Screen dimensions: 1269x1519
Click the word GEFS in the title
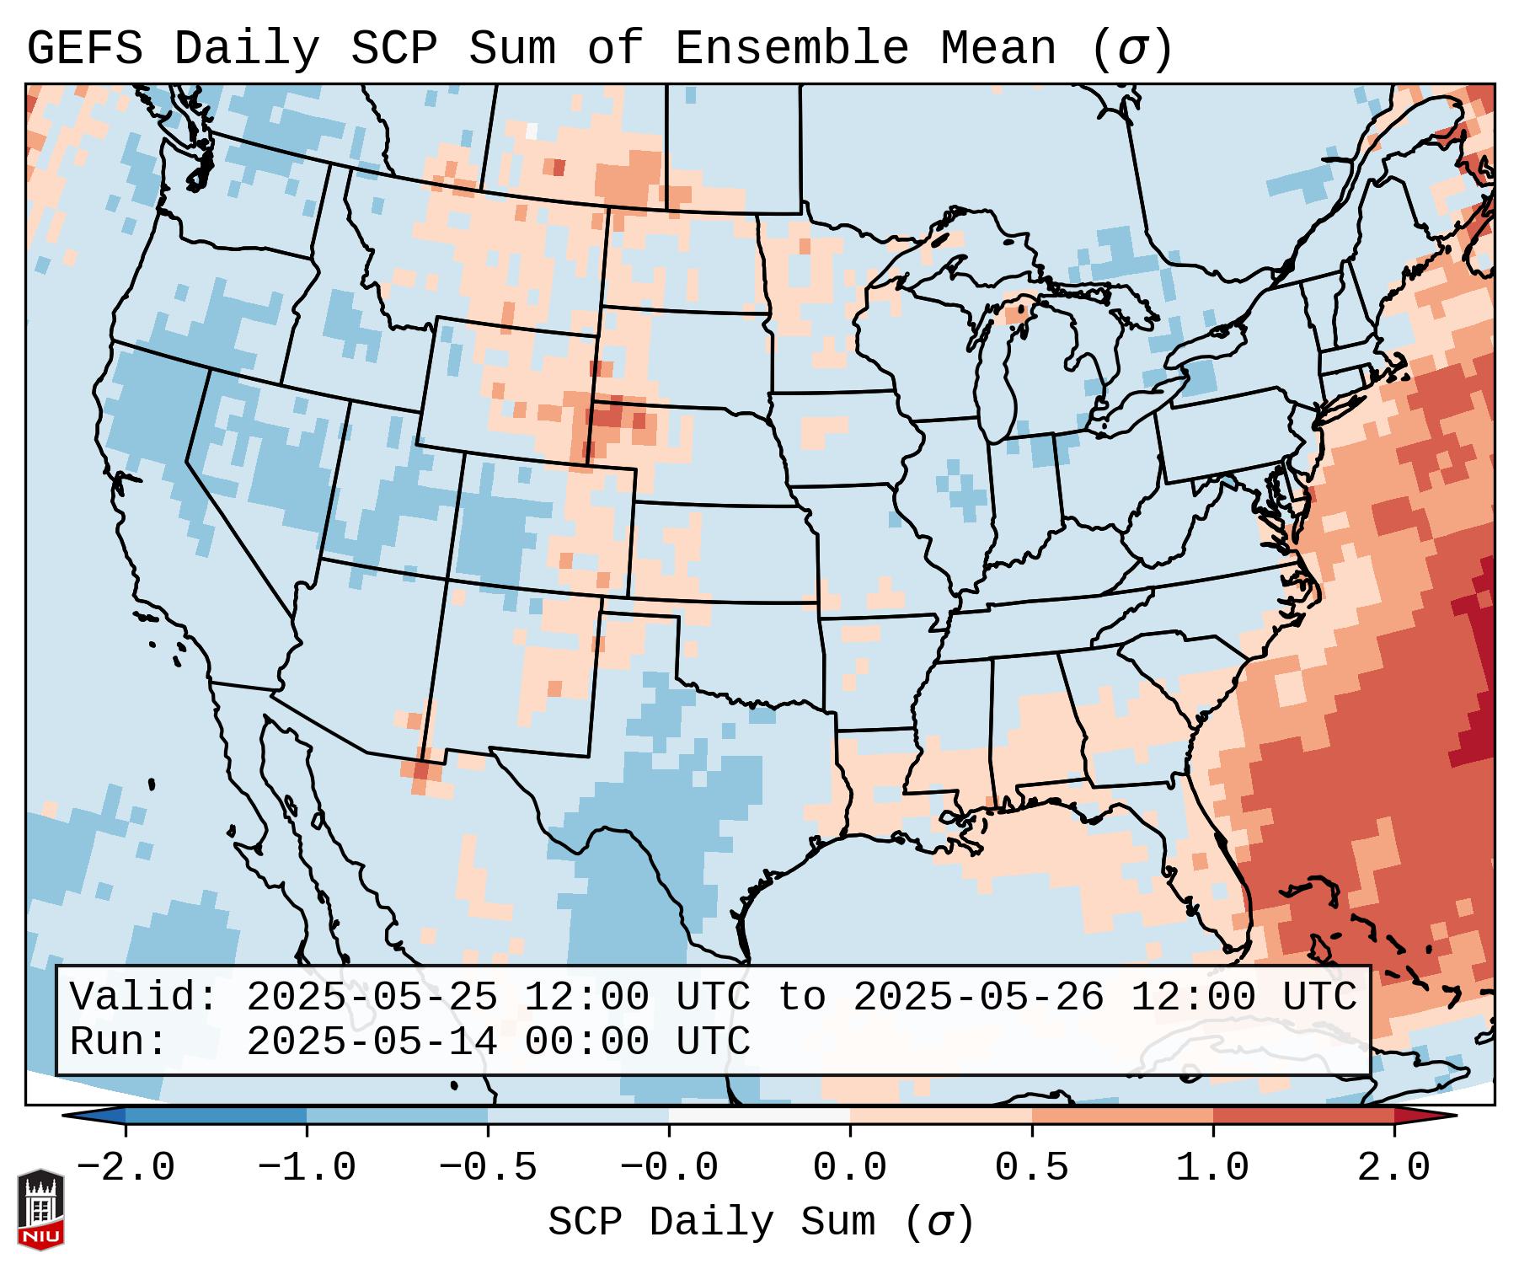[x=84, y=48]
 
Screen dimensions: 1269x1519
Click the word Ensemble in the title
[x=792, y=48]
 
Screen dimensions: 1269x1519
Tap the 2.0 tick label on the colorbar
[x=1393, y=1168]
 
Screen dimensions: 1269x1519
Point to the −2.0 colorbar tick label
[x=126, y=1168]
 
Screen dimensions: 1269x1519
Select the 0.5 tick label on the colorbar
[x=1031, y=1168]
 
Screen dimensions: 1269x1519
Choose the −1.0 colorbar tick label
[x=307, y=1168]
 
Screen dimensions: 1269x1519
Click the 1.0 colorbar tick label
[x=1212, y=1168]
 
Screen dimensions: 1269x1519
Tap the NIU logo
[x=40, y=1209]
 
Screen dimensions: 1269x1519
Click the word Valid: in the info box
[x=144, y=997]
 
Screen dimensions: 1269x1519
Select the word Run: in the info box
[x=119, y=1041]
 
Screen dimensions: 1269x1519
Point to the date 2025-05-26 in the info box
[x=978, y=997]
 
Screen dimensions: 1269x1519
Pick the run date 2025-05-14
[x=372, y=1041]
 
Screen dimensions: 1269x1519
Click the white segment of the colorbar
[x=759, y=1116]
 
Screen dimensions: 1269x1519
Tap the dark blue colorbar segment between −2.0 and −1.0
[x=216, y=1116]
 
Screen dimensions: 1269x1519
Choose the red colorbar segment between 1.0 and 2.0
[x=1303, y=1116]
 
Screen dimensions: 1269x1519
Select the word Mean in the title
[x=998, y=48]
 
